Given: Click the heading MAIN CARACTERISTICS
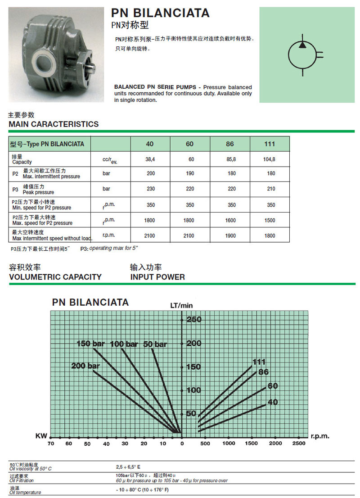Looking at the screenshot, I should (54, 124).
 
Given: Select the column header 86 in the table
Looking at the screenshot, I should (230, 144).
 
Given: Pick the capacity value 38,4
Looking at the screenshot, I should (150, 159).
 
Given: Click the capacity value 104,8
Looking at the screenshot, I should (270, 159).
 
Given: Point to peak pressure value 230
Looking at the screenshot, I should (150, 189).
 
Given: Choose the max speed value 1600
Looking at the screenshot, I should (230, 220).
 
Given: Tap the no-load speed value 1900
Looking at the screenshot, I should (230, 235).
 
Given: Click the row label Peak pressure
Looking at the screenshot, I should (38, 192).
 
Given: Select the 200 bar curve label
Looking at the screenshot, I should (85, 366).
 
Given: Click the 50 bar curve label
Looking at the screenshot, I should (155, 344).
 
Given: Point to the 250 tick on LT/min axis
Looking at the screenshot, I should (193, 320).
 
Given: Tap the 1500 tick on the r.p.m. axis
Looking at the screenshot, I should (252, 444).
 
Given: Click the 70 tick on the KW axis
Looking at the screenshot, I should (50, 444).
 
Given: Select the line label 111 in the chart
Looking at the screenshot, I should (259, 362).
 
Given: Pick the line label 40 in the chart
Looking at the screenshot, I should (273, 402).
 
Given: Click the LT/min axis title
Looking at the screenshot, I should (181, 305).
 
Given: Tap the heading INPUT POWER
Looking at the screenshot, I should (157, 277).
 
